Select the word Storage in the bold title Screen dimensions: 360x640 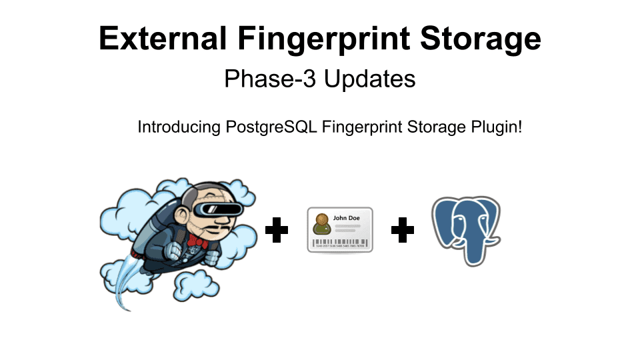click(x=480, y=39)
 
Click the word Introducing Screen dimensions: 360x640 click(x=176, y=127)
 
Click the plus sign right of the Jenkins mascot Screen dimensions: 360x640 click(x=277, y=231)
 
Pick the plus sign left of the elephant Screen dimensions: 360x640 click(x=402, y=231)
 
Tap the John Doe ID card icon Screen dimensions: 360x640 click(x=340, y=230)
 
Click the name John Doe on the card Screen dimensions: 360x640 click(x=347, y=217)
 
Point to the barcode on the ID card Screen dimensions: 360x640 click(x=340, y=243)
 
